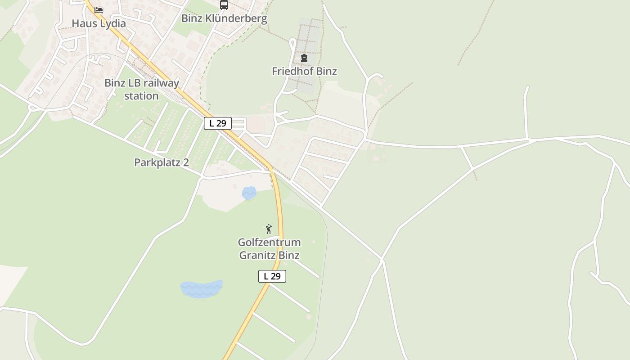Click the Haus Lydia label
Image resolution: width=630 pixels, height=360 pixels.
click(99, 23)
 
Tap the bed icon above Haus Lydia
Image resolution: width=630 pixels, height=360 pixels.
click(99, 10)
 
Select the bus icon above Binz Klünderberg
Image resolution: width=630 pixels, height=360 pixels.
click(224, 5)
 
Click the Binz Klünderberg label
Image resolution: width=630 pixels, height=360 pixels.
click(224, 18)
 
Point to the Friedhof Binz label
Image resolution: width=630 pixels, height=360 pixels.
click(304, 71)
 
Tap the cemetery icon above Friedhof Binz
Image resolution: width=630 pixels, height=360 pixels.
click(304, 58)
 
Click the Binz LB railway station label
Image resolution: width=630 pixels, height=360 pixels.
click(141, 89)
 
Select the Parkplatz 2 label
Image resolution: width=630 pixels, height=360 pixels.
click(162, 162)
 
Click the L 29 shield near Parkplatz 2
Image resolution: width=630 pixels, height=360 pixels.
click(218, 123)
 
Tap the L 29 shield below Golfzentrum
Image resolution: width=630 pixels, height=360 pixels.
click(272, 276)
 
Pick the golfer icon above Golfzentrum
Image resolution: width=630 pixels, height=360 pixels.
click(269, 229)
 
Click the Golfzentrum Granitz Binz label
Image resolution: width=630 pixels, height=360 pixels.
click(269, 249)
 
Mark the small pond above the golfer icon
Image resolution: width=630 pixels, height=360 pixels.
click(249, 193)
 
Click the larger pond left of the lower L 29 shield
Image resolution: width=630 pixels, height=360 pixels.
click(201, 289)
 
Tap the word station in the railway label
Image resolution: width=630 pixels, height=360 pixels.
click(141, 96)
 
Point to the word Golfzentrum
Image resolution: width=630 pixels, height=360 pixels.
click(269, 243)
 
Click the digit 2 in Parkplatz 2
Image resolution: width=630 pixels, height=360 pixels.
click(185, 162)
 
